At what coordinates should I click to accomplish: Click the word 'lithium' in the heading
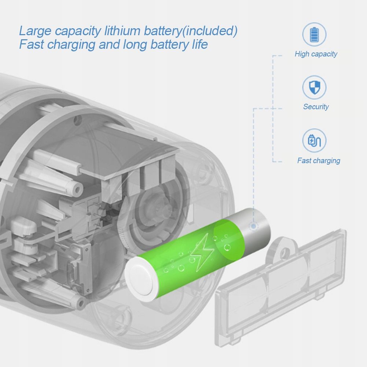(x=122, y=31)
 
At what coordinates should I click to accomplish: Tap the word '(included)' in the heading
(x=210, y=31)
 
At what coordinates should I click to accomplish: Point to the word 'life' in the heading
(x=200, y=44)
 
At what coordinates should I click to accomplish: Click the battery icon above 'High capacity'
(x=314, y=34)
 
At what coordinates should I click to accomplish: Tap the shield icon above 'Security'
(x=314, y=87)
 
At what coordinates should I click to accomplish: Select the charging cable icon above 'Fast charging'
(x=314, y=140)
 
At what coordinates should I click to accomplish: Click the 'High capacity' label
(x=316, y=54)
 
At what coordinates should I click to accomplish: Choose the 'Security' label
(x=316, y=107)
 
